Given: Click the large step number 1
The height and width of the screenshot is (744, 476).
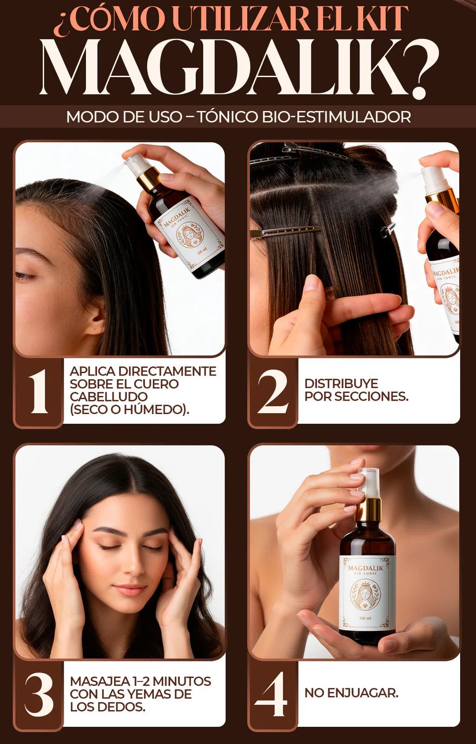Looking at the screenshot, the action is click(39, 392).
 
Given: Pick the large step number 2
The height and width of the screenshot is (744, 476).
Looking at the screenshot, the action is click(273, 392).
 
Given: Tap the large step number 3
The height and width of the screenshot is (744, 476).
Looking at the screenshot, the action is click(39, 695).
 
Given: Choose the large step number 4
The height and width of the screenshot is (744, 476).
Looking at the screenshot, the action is click(271, 694).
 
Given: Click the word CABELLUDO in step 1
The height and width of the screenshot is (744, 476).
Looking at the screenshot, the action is click(109, 396).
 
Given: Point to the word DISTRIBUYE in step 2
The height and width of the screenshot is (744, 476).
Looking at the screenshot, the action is click(341, 384).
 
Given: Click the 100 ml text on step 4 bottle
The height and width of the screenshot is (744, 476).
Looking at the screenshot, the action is click(365, 618).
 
